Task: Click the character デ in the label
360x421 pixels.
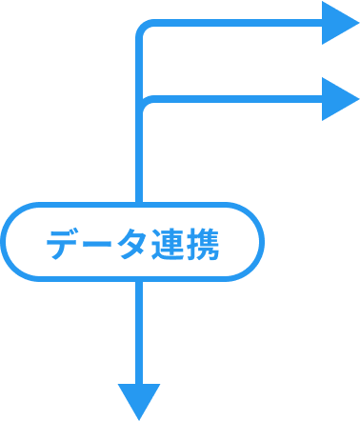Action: [x=64, y=247]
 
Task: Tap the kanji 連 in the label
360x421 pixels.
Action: [x=167, y=247]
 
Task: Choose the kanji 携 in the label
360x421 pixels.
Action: [x=202, y=247]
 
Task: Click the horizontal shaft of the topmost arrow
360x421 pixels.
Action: [x=238, y=24]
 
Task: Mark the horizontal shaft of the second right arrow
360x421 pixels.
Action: [x=238, y=100]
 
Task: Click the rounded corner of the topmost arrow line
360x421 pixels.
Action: [x=144, y=29]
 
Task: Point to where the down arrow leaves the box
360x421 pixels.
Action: [x=139, y=279]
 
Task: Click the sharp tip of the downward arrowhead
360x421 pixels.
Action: [x=139, y=417]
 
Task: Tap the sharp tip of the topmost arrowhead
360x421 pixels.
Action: [x=357, y=23]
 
